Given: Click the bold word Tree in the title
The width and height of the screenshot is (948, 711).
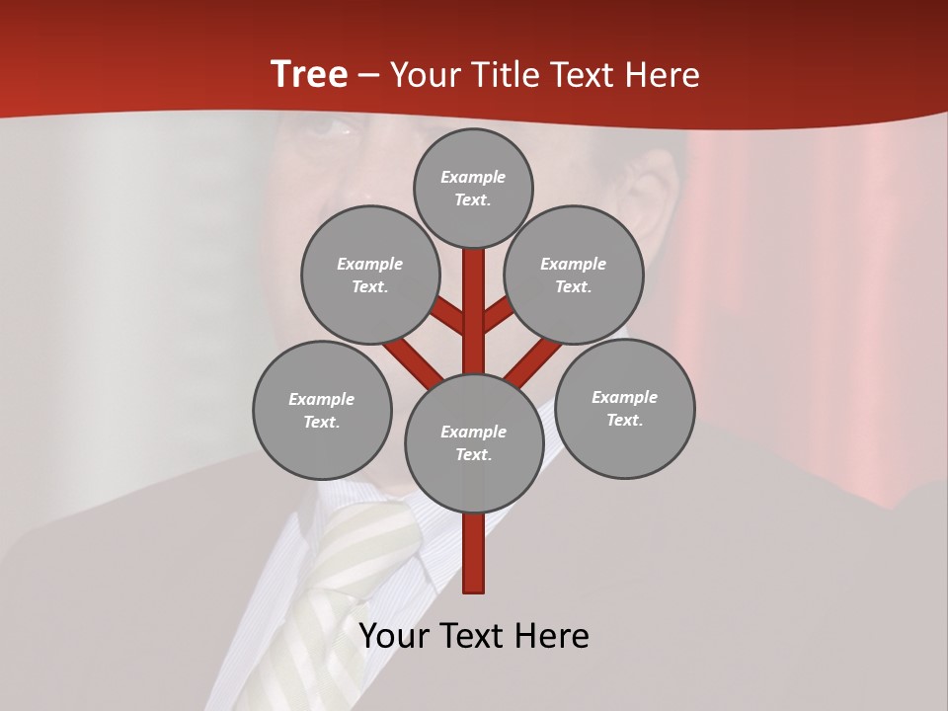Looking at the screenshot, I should (309, 75).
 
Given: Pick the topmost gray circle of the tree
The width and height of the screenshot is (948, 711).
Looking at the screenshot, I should (473, 188).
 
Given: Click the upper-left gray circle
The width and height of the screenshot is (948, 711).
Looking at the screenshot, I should (370, 275).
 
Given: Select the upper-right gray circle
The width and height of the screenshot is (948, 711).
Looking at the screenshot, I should (574, 275).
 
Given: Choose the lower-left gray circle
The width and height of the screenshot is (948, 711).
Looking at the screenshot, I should (322, 410).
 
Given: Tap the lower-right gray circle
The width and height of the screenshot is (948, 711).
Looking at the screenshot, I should (624, 408).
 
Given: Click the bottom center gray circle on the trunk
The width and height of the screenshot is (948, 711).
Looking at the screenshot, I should (474, 442).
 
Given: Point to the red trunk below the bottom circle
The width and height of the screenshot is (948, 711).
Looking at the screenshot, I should (474, 553).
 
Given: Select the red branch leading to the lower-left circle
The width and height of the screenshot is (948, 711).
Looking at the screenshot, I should (413, 360).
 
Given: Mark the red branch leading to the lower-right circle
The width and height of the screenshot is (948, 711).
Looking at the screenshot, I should (533, 361).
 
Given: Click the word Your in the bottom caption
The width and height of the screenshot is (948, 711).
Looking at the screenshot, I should (395, 636).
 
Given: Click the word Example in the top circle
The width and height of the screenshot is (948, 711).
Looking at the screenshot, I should (473, 177).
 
